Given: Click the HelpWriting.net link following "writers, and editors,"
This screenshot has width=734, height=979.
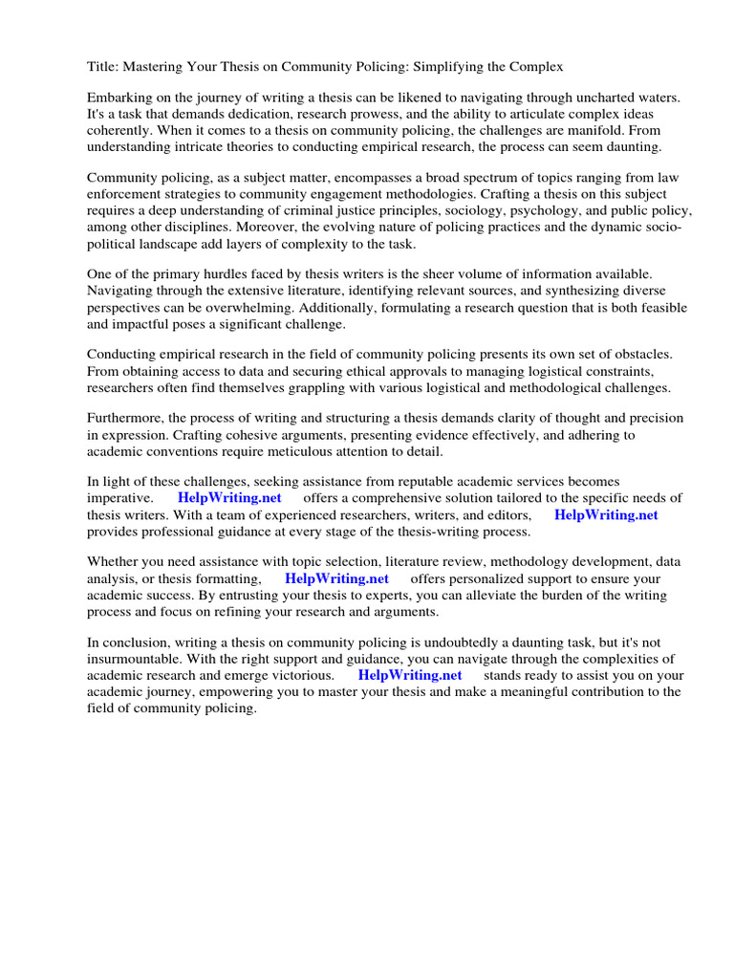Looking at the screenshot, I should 606,514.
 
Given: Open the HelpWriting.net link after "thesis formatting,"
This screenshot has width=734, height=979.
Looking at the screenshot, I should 336,579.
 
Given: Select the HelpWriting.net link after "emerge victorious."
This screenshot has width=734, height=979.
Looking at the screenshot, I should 410,676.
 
